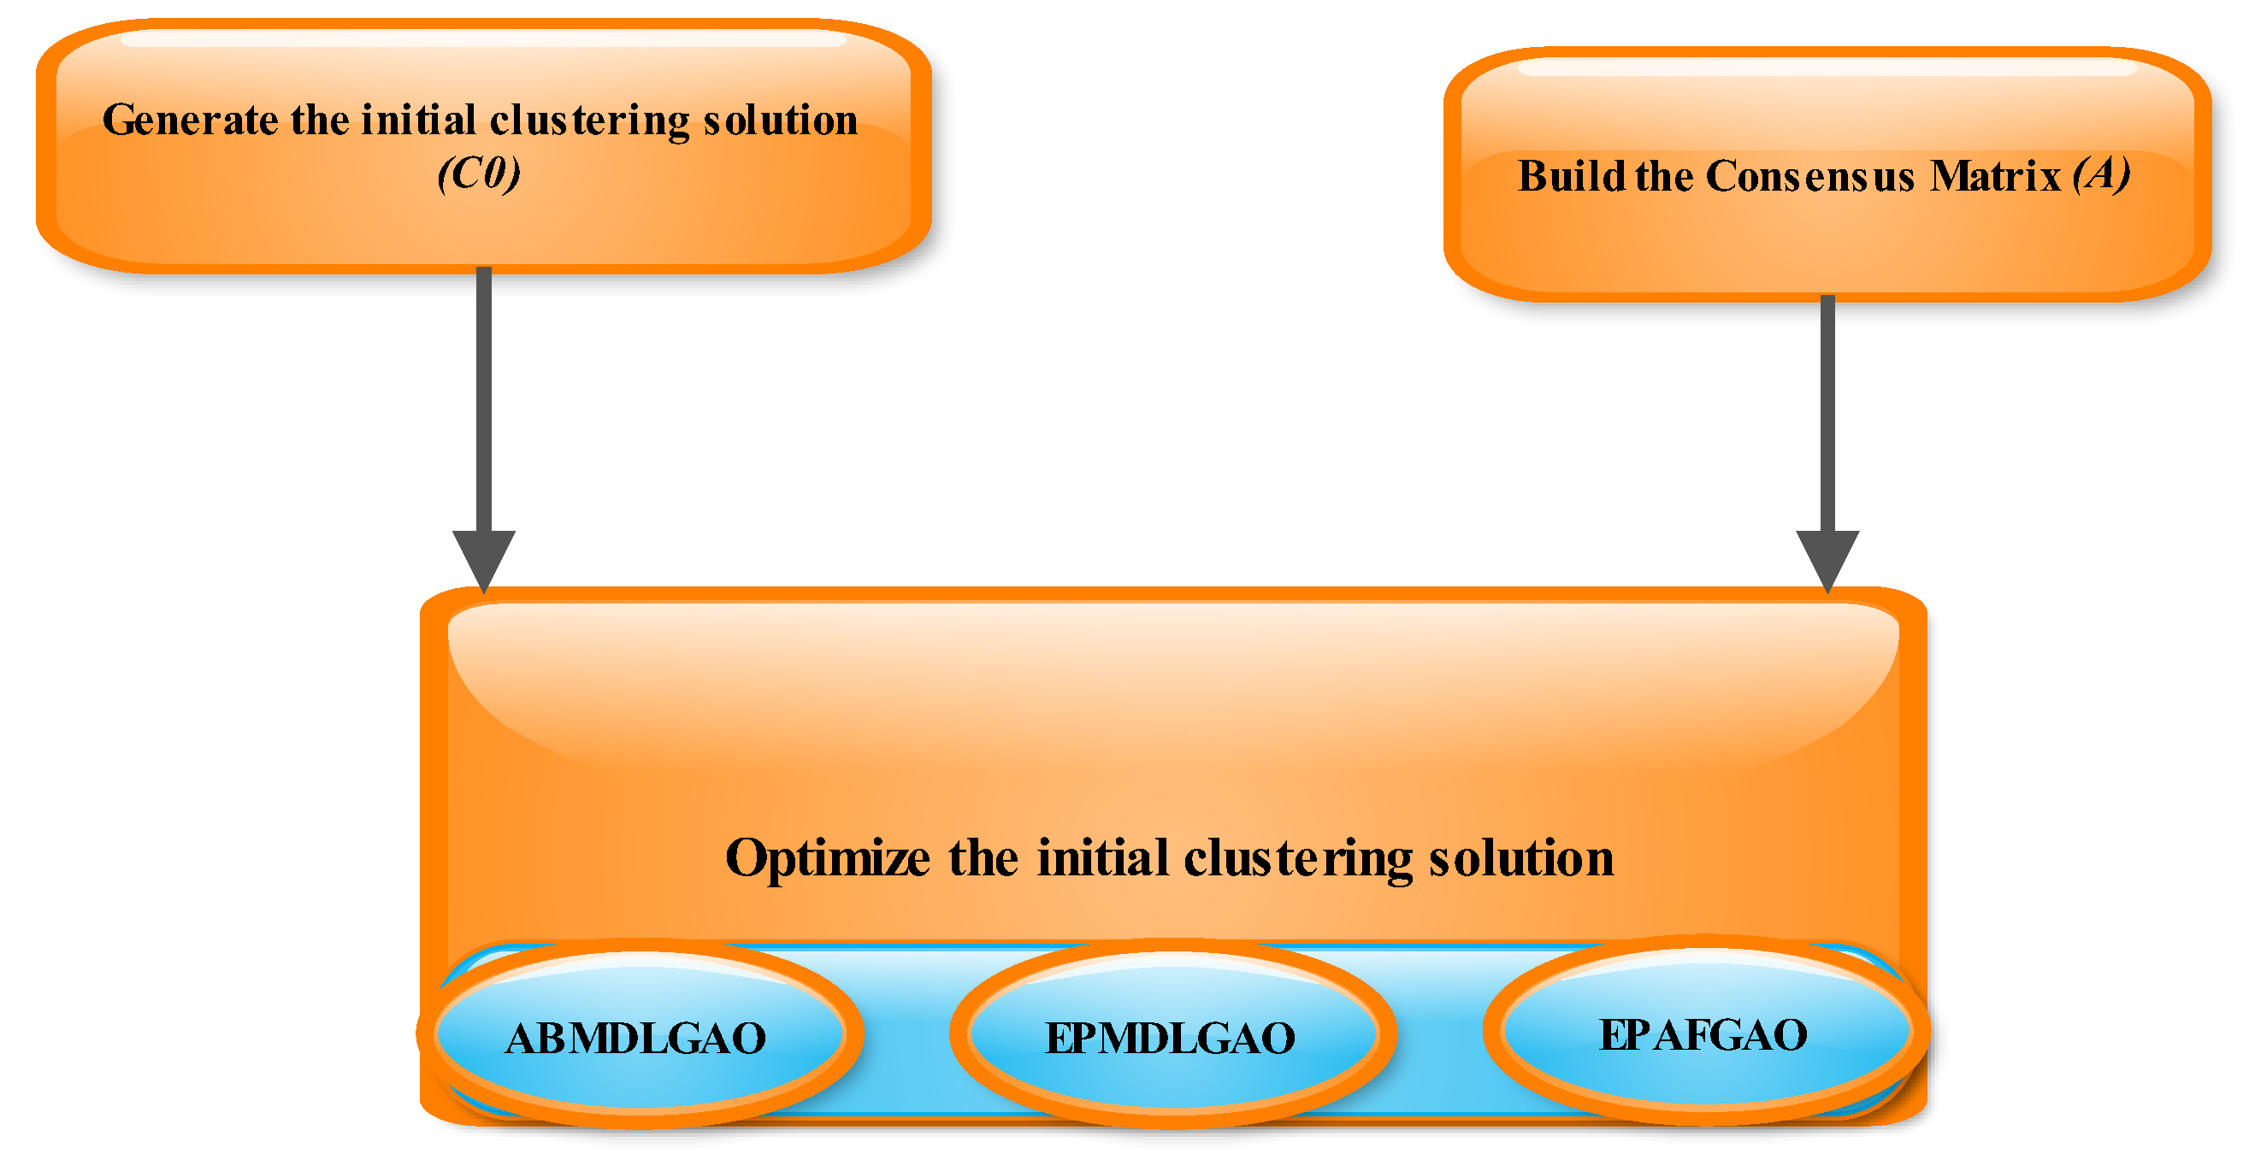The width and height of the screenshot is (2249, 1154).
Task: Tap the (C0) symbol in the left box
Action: pos(480,174)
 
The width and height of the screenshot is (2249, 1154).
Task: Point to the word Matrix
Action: pos(1995,176)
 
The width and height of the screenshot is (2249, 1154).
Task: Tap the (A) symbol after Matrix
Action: pos(2101,174)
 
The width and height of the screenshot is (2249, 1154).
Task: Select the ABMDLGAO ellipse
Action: pos(637,1035)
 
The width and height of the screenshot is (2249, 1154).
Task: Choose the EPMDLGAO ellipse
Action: pos(1171,1036)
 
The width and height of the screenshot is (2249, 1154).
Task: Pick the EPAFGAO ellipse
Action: pos(1703,1033)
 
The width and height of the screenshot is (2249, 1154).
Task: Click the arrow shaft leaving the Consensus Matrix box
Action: pos(1827,410)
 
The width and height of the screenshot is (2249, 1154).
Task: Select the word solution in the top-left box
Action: pos(781,121)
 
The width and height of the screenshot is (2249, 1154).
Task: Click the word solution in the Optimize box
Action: pos(1521,858)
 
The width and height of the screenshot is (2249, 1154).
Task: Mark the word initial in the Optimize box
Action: pos(1102,857)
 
